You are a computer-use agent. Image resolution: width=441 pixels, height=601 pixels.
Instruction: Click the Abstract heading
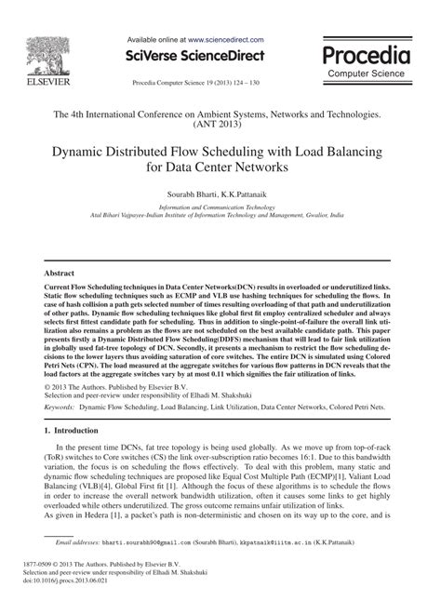(60, 274)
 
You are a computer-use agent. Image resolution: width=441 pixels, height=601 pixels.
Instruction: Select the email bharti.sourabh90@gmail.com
(154, 541)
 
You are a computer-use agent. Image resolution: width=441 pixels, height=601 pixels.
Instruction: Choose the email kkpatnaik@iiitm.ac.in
(301, 541)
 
